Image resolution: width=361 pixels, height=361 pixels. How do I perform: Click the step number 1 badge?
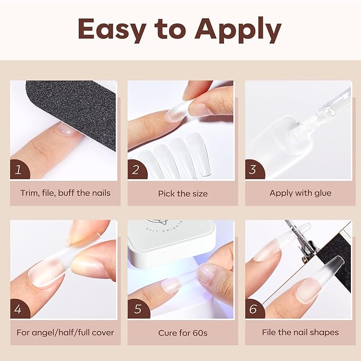[19, 170]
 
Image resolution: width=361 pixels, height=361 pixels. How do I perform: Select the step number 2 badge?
[136, 170]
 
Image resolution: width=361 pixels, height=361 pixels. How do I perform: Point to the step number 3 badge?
[254, 170]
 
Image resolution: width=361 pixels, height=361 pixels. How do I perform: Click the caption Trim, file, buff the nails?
[65, 193]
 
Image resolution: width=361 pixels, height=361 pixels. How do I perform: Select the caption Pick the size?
[182, 194]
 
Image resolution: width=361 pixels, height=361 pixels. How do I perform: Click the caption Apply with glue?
[300, 193]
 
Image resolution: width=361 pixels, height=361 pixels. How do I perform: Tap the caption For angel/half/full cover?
[65, 333]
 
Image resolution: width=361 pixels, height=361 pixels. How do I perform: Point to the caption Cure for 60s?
[182, 333]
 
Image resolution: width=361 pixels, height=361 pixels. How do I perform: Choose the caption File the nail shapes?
[300, 332]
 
